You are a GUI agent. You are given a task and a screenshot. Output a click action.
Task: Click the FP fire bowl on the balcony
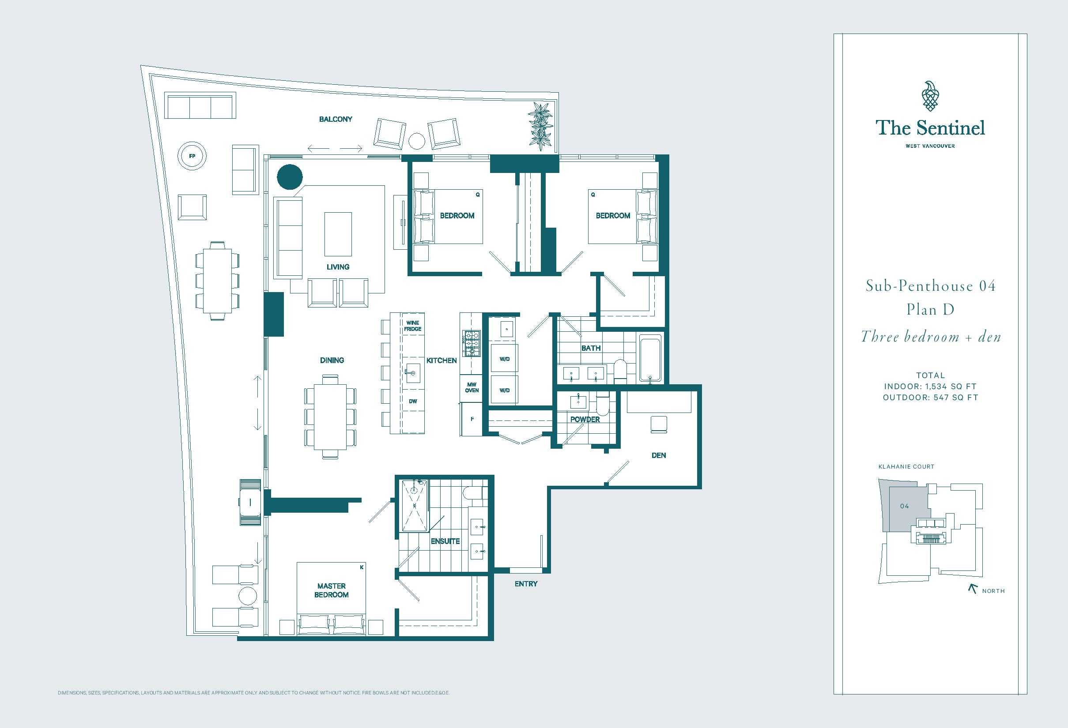[x=192, y=156]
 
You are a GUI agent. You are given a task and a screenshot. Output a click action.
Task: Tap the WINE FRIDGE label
[x=413, y=326]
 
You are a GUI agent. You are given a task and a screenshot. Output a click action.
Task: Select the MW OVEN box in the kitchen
[x=472, y=388]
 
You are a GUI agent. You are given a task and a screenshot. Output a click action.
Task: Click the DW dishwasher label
[x=413, y=401]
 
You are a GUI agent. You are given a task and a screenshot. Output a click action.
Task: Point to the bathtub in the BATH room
[x=650, y=358]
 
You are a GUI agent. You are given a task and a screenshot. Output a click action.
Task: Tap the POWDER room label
[x=585, y=419]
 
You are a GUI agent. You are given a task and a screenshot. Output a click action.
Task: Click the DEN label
[x=659, y=455]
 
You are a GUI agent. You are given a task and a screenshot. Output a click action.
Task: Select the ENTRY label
[x=526, y=584]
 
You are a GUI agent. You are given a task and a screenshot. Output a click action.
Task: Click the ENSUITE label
[x=445, y=541]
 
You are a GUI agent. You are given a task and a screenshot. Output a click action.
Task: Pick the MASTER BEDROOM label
[x=331, y=590]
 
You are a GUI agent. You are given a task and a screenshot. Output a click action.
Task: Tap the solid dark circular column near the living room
[x=290, y=177]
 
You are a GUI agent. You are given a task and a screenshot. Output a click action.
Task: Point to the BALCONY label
[x=336, y=119]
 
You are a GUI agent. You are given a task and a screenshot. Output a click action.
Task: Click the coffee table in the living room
[x=338, y=234]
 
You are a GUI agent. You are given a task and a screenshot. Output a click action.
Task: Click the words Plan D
[x=931, y=310]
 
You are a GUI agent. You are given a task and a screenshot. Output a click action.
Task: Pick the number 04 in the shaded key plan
[x=905, y=506]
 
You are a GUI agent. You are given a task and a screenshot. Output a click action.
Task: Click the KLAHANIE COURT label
[x=906, y=467]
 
